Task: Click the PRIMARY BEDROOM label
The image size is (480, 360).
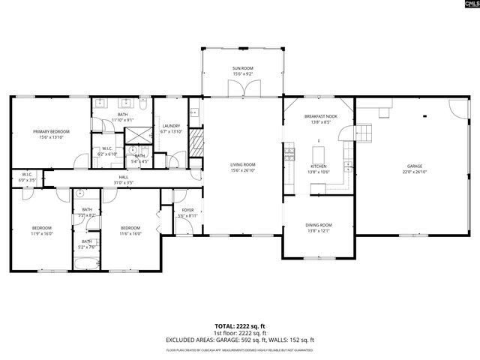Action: [51, 131]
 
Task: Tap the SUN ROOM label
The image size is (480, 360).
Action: [242, 68]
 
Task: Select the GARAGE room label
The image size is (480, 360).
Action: [415, 166]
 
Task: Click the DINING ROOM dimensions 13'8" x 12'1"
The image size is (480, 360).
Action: [318, 231]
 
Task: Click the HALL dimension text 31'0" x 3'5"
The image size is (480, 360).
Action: [124, 182]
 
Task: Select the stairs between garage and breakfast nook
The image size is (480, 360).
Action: [365, 133]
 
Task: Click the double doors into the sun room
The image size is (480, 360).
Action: [242, 89]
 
